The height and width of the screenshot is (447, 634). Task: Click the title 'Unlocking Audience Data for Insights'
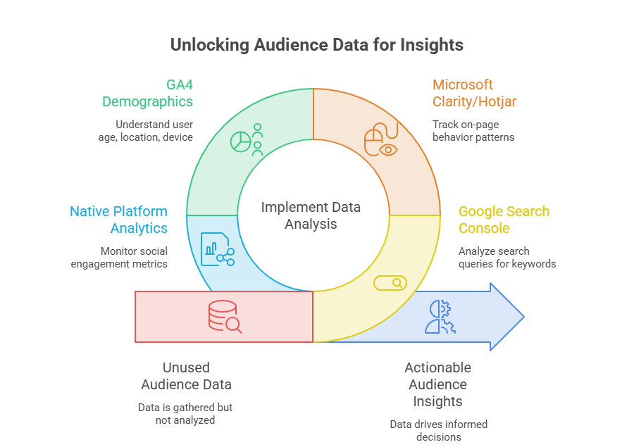click(316, 45)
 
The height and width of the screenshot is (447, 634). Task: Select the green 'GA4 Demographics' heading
click(148, 93)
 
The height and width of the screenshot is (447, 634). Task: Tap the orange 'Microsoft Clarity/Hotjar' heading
click(474, 93)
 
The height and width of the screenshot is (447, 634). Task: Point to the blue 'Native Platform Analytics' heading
click(119, 220)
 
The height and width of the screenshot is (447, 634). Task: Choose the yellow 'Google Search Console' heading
click(504, 220)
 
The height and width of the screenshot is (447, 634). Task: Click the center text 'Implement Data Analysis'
click(311, 215)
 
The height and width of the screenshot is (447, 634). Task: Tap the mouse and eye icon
click(381, 139)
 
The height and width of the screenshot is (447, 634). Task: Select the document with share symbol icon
click(218, 249)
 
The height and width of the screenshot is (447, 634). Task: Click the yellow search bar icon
click(390, 283)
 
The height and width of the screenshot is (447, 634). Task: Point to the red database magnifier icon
click(225, 317)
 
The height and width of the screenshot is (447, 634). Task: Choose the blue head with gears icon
click(440, 317)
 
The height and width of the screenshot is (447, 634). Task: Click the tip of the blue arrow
click(524, 317)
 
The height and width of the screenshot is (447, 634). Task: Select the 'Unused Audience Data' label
click(186, 376)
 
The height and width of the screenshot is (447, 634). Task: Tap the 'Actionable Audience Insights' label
click(438, 384)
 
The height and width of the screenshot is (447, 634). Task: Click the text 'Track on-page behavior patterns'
click(473, 130)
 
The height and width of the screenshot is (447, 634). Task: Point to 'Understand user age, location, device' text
click(146, 130)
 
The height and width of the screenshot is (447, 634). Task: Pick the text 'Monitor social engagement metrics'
click(119, 258)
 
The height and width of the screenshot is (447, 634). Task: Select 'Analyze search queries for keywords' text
click(507, 258)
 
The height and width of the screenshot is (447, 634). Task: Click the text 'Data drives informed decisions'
click(439, 430)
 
